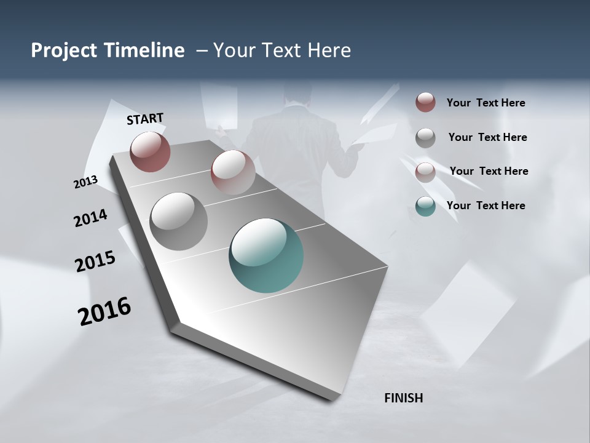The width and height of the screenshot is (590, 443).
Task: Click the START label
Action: coord(145,119)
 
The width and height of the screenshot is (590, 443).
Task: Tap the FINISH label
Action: coord(403,398)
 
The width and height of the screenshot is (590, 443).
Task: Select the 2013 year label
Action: coord(85,182)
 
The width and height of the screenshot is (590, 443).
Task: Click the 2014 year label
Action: coord(90,218)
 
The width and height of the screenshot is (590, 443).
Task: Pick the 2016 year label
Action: coord(104,311)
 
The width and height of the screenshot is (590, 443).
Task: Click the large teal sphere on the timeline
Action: coord(266,255)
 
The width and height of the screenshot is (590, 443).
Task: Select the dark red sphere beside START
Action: coord(150,151)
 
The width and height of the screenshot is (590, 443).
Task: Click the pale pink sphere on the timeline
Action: coord(232,172)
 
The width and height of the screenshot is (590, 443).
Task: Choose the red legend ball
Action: coord(425,102)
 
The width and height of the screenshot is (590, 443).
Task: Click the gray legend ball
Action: coord(425,137)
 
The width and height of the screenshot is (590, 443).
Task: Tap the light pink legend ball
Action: coord(425,172)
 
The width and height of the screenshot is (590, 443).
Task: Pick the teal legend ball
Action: coord(425,206)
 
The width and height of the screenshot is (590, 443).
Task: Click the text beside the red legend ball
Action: coord(486,103)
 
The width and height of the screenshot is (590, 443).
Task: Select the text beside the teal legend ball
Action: coord(486,206)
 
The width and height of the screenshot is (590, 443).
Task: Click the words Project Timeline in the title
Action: coord(108,50)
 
